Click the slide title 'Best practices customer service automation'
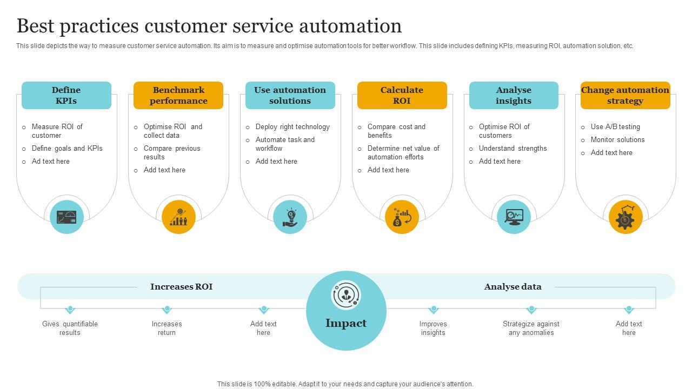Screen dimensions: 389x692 [x=209, y=26]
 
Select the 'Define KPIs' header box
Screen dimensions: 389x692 [x=66, y=96]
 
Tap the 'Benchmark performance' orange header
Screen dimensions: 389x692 [x=178, y=96]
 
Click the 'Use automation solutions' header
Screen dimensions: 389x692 [x=290, y=96]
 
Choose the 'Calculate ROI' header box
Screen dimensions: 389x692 [x=402, y=96]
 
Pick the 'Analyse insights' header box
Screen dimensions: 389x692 [x=514, y=96]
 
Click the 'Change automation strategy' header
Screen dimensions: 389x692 [x=625, y=96]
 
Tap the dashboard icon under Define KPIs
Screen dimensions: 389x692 [x=66, y=217]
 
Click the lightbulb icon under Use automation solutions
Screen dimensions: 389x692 [x=290, y=217]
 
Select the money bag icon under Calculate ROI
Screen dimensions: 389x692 [x=402, y=217]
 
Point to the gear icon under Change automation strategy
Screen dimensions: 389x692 [x=626, y=217]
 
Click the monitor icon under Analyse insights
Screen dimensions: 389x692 [x=514, y=217]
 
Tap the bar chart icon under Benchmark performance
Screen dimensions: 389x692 [x=178, y=217]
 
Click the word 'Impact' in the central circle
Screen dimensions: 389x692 [x=346, y=323]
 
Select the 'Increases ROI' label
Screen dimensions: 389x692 [x=181, y=287]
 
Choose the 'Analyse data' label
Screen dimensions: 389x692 [x=513, y=287]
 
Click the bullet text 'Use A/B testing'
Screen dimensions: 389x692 [x=615, y=127]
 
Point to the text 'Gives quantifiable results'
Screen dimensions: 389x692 [x=70, y=328]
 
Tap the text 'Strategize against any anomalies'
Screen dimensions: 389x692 [x=531, y=328]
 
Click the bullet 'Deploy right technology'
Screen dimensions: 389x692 [x=292, y=127]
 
